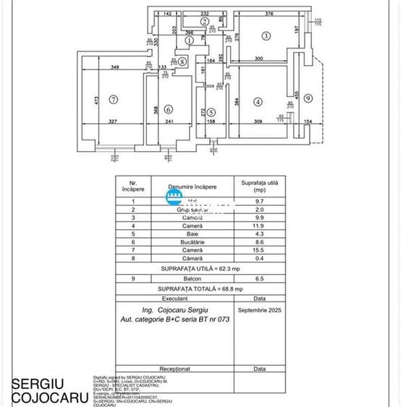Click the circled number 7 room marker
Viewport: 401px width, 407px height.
click(x=113, y=98)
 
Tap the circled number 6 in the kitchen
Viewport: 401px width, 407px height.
click(x=169, y=110)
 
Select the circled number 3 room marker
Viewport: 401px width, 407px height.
click(x=266, y=35)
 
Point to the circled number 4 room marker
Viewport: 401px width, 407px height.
click(x=258, y=101)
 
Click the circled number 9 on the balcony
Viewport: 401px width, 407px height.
click(x=308, y=98)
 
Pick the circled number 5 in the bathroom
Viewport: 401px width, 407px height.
click(x=211, y=112)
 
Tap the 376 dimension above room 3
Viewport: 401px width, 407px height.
click(x=269, y=13)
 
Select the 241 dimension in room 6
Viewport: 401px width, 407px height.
click(x=169, y=121)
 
